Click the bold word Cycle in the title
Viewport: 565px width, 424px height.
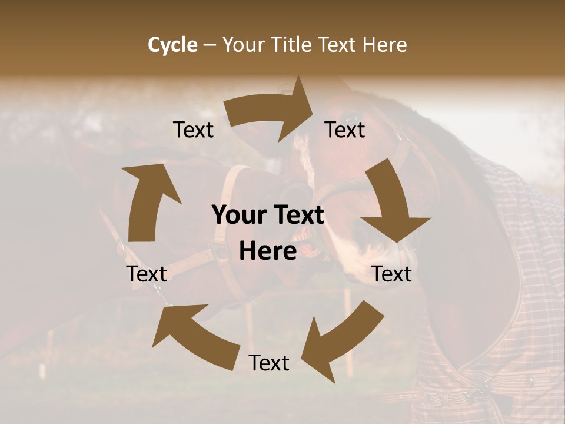click(x=172, y=45)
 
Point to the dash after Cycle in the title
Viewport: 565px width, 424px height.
click(x=209, y=45)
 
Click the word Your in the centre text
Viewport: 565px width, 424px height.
click(x=234, y=216)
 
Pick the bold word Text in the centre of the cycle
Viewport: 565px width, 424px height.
click(x=295, y=216)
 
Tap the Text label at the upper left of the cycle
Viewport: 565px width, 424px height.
click(x=194, y=130)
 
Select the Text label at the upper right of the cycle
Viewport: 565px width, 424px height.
click(x=345, y=130)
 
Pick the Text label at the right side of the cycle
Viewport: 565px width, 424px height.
click(x=392, y=274)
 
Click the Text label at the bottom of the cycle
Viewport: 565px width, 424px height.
click(x=269, y=363)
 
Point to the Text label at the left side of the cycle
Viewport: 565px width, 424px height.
click(x=147, y=274)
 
